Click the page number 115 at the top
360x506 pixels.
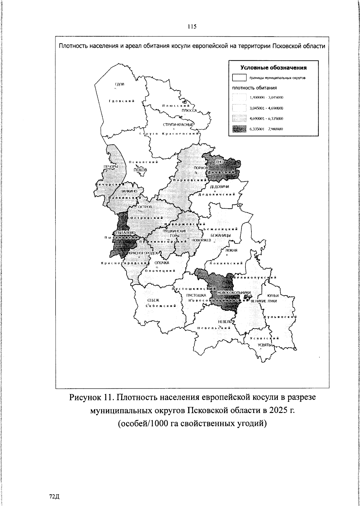click(192, 26)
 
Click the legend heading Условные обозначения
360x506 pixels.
click(274, 68)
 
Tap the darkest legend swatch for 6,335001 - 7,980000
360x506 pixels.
click(239, 129)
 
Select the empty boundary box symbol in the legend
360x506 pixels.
click(239, 78)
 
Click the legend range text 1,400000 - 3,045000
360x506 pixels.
click(267, 98)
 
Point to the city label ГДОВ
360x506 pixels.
click(119, 84)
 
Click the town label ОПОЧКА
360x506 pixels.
click(162, 263)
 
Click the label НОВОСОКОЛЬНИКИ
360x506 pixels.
click(234, 293)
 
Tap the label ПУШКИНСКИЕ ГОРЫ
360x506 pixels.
click(174, 233)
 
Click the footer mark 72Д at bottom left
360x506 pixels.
click(54, 497)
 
